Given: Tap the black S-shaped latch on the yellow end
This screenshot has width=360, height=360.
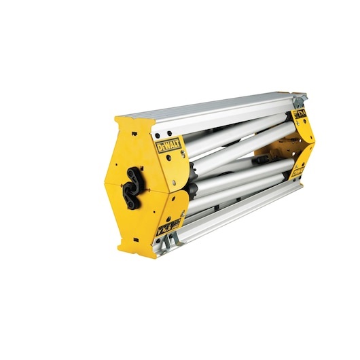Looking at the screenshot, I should pos(131,182).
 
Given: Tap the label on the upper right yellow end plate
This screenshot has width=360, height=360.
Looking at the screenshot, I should pos(300,115).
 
